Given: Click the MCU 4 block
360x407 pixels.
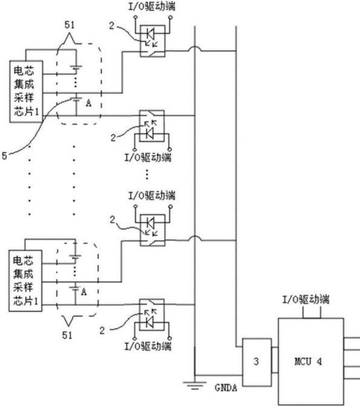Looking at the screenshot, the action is click(311, 361).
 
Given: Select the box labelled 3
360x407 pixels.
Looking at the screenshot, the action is click(257, 362).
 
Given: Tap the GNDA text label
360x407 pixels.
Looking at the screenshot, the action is click(226, 388).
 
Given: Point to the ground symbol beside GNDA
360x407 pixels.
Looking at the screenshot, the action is click(195, 385).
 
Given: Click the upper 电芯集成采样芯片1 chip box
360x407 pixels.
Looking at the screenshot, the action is click(26, 91).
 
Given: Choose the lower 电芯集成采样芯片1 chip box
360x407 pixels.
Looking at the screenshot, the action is click(25, 281).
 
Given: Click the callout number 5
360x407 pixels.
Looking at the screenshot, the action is click(4, 156).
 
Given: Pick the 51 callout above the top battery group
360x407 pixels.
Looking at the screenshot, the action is click(70, 25).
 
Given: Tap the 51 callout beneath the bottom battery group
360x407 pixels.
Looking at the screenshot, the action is click(67, 335).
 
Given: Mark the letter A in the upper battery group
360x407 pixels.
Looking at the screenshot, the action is click(88, 103).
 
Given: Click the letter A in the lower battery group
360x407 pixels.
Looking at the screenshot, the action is click(83, 292).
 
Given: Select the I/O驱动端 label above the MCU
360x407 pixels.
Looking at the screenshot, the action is click(306, 299).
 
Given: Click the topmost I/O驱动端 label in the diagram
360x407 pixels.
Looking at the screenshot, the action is click(152, 7).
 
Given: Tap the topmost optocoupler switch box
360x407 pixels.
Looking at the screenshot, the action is click(152, 41).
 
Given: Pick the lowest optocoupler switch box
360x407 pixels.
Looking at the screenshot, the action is click(152, 315).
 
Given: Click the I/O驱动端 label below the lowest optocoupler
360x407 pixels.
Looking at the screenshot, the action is click(148, 347).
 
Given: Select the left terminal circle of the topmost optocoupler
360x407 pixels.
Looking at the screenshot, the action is click(136, 18).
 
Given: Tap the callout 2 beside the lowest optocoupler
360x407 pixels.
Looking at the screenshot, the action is click(102, 330).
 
